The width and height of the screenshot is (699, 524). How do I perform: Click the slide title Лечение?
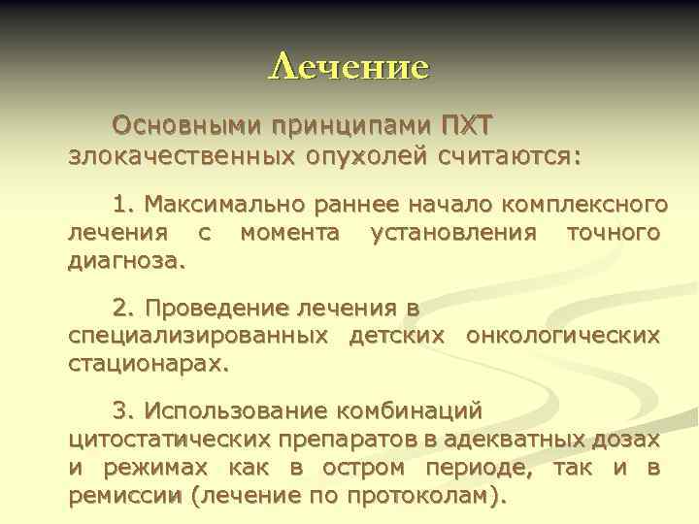[x=349, y=66]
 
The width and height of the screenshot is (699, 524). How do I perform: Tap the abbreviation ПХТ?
[x=467, y=126]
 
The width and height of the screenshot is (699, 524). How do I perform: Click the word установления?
[x=454, y=233]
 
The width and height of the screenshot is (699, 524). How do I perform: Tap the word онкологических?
[x=563, y=337]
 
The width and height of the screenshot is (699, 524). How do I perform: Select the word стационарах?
[x=149, y=365]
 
